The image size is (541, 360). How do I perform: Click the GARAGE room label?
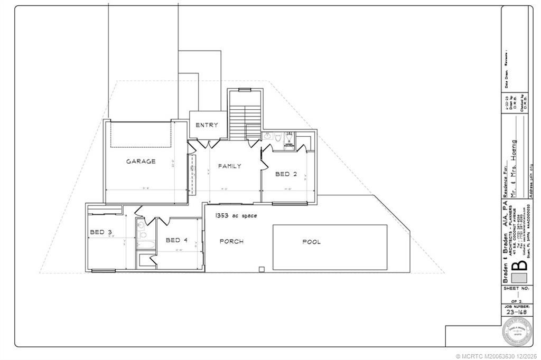(141, 162)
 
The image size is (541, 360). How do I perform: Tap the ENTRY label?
(207, 125)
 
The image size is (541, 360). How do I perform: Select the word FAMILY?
(230, 166)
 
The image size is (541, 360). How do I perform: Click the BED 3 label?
(100, 232)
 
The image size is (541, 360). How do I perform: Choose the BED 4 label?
(176, 240)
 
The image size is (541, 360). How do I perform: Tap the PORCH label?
(231, 242)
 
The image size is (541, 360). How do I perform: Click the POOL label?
(311, 242)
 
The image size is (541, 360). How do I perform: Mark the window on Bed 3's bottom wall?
(104, 271)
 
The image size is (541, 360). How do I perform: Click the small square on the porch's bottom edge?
(261, 269)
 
